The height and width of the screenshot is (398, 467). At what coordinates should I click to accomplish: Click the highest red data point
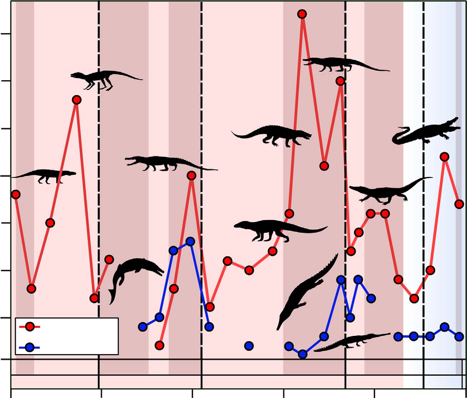tap(302, 14)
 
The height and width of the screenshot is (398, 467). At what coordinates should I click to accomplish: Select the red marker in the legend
tap(30, 326)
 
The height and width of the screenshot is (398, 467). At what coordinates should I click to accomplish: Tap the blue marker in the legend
tap(30, 347)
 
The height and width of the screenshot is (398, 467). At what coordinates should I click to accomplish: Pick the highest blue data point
tap(190, 241)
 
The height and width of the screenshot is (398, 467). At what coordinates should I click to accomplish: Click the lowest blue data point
tap(302, 354)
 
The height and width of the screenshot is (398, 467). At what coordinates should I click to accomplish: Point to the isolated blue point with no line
tap(249, 346)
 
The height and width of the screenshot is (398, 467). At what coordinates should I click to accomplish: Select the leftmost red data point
tap(15, 194)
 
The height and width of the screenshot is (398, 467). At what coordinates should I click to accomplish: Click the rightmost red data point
tap(459, 204)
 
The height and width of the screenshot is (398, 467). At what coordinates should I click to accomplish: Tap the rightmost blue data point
tap(459, 336)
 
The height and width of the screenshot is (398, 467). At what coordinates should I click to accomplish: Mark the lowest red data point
tap(159, 345)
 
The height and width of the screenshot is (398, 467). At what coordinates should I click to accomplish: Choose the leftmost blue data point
tap(143, 326)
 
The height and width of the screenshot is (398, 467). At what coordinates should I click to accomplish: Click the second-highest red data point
tap(340, 81)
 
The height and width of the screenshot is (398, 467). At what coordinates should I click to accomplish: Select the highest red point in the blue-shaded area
tap(444, 157)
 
